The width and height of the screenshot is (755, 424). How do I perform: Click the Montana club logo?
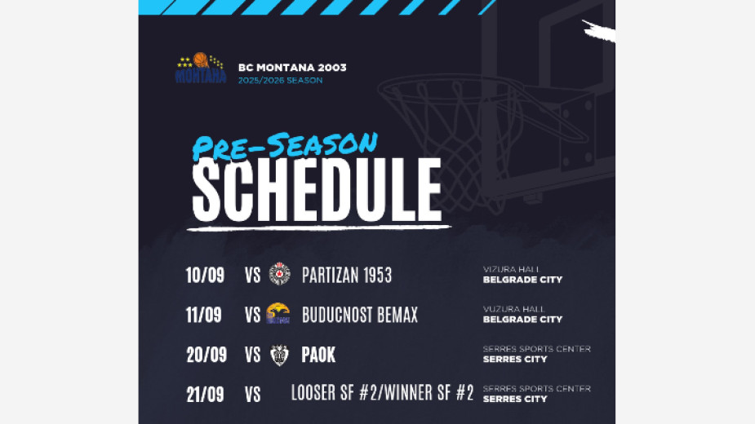[200, 68]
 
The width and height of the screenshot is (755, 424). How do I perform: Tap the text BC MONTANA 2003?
[292, 68]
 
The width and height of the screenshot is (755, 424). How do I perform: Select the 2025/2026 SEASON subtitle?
[280, 81]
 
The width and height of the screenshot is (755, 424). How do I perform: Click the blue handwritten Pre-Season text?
[285, 146]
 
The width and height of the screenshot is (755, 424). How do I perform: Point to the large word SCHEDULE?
[317, 190]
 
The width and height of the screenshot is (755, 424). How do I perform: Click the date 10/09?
[205, 276]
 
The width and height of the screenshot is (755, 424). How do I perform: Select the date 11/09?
[204, 316]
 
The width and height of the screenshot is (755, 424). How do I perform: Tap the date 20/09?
[207, 356]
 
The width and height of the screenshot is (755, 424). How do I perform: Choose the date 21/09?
[205, 395]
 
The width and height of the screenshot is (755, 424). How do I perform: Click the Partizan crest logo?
[279, 274]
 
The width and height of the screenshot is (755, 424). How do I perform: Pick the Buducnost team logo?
[278, 313]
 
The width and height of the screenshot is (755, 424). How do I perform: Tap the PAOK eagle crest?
[279, 356]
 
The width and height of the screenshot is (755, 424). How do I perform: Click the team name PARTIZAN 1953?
[347, 276]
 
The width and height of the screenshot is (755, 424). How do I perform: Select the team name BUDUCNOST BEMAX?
[360, 316]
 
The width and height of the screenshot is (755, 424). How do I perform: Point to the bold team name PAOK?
[318, 356]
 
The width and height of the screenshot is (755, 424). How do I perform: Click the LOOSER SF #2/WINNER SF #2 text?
[382, 393]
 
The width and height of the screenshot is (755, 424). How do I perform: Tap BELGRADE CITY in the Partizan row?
[522, 280]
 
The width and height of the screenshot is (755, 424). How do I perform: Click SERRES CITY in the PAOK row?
[515, 359]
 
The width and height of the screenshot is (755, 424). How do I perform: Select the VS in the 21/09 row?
[252, 395]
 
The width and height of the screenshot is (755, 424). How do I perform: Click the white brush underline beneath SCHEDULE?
[319, 227]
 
